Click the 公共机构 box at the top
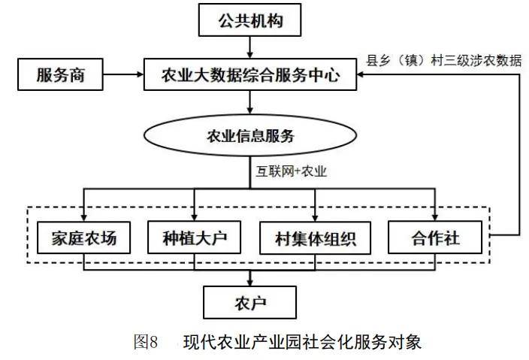(x=249, y=20)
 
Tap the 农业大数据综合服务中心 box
(x=249, y=75)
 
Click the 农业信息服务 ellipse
(x=249, y=136)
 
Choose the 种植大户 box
(x=194, y=240)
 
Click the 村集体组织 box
(x=315, y=240)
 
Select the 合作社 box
(x=435, y=240)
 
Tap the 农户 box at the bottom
(x=249, y=303)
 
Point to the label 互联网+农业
(x=290, y=171)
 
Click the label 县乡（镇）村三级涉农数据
(x=443, y=61)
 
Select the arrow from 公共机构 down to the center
(x=249, y=47)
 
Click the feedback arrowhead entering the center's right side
(x=362, y=75)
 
